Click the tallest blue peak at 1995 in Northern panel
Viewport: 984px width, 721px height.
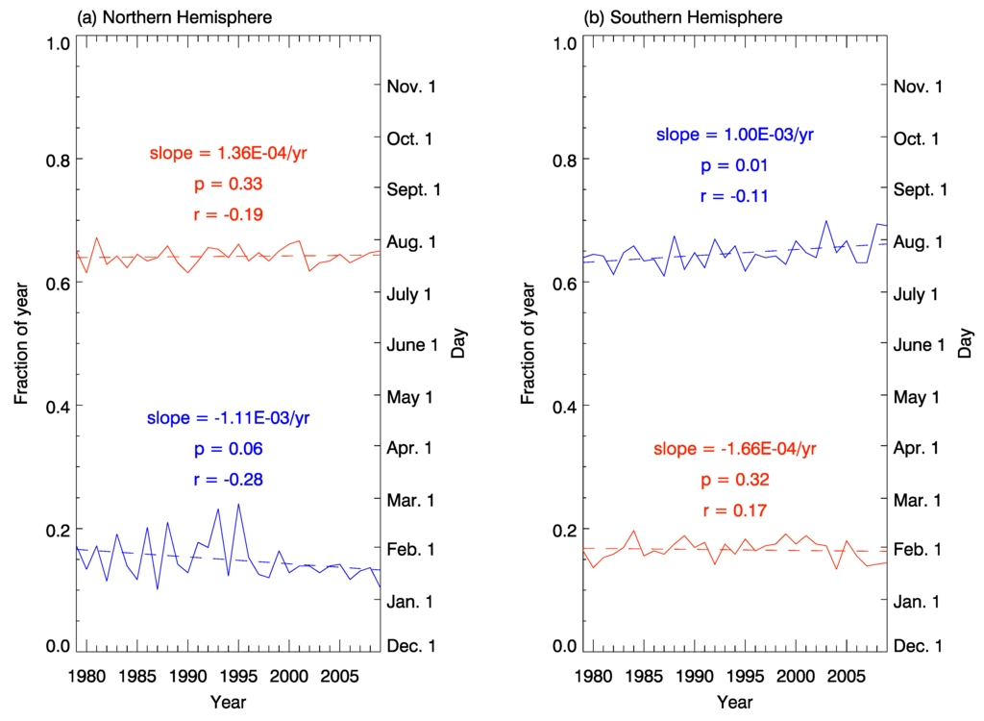pos(238,504)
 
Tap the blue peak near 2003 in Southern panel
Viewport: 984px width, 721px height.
pos(825,221)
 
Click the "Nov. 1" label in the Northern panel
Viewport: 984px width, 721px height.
pos(411,87)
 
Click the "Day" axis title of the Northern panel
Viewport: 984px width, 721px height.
pos(457,344)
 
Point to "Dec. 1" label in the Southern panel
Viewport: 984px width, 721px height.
pos(919,646)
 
